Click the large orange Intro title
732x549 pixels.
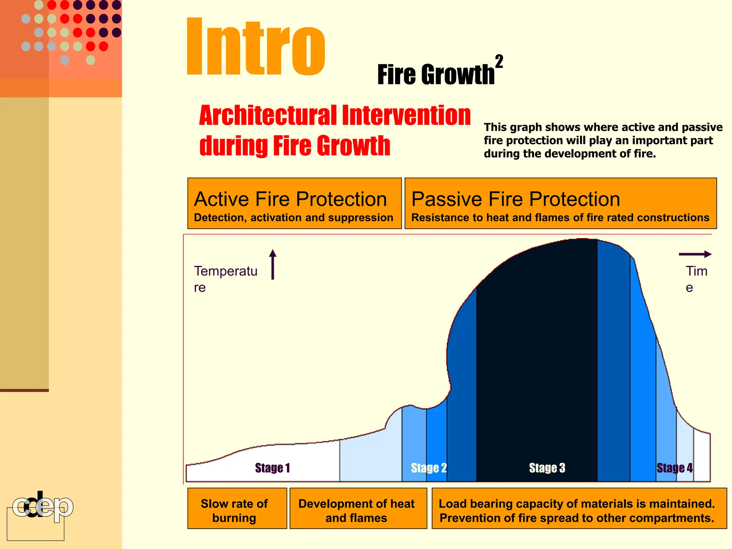pyautogui.click(x=256, y=46)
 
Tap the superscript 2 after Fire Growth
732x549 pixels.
pyautogui.click(x=499, y=61)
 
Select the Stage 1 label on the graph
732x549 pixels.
pyautogui.click(x=272, y=468)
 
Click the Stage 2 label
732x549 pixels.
pyautogui.click(x=429, y=468)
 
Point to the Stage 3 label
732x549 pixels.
pyautogui.click(x=547, y=468)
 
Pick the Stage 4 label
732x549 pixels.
pyautogui.click(x=674, y=468)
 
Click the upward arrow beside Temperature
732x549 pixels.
pyautogui.click(x=273, y=264)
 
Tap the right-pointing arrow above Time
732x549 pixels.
pyautogui.click(x=695, y=254)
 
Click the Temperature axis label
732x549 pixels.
pyautogui.click(x=225, y=279)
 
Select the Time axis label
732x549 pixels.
pyautogui.click(x=696, y=279)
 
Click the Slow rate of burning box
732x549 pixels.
pyautogui.click(x=237, y=508)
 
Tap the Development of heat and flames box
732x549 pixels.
pyautogui.click(x=358, y=508)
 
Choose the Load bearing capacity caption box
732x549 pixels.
pyautogui.click(x=579, y=508)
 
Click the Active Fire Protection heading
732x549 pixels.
pyautogui.click(x=290, y=199)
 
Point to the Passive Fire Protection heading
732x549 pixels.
pyautogui.click(x=515, y=199)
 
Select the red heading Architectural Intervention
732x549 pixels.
pyautogui.click(x=334, y=116)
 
